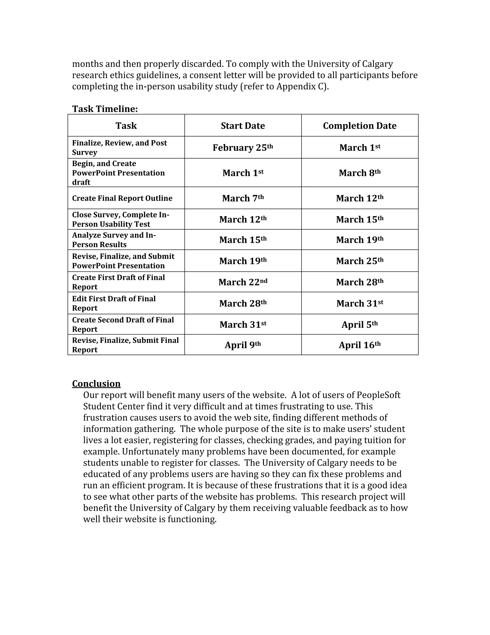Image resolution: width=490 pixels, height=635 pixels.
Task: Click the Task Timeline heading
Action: point(105,109)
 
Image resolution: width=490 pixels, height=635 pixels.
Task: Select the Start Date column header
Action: point(243,126)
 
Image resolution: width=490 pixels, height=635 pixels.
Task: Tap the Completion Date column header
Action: point(360,126)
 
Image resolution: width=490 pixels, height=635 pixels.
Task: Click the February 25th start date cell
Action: point(243,147)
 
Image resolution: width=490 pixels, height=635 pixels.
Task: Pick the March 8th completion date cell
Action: point(360,173)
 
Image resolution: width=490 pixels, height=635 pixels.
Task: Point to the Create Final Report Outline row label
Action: point(122,198)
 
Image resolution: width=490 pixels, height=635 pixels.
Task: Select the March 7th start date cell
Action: point(243,198)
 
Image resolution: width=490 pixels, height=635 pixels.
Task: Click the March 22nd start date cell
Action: point(243,282)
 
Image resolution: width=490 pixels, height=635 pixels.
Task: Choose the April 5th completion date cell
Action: point(360,324)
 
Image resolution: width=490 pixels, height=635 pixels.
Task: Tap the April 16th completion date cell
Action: point(360,345)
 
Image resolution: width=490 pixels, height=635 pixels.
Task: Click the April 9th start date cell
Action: point(243,345)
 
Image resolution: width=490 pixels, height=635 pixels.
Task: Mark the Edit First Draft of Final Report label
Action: point(114,303)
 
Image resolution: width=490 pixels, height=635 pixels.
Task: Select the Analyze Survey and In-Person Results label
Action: point(114,240)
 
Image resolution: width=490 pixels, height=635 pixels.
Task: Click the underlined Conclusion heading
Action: point(96,383)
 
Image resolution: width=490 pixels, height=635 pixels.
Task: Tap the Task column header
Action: point(126,126)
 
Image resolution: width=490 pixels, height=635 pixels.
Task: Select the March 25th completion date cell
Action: point(360,261)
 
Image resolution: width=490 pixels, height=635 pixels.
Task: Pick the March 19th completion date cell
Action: point(360,240)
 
